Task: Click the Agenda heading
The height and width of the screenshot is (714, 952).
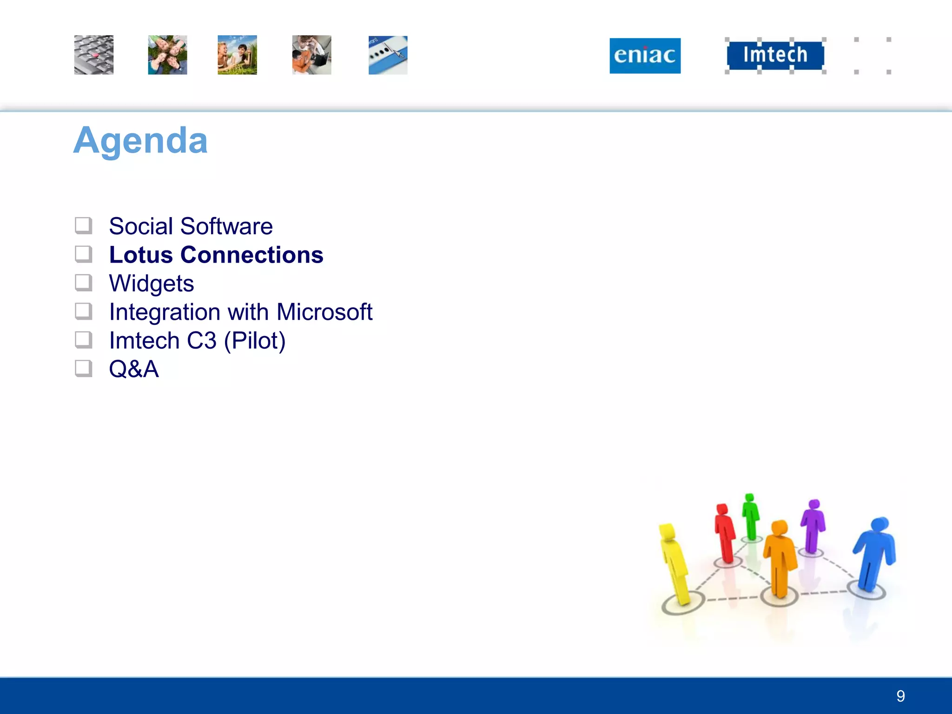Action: (x=140, y=140)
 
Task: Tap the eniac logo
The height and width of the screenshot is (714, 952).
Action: (x=645, y=56)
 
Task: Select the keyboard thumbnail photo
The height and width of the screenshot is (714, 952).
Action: (x=93, y=55)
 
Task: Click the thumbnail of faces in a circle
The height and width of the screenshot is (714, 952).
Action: (x=167, y=55)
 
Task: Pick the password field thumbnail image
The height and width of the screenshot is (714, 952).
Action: (x=388, y=55)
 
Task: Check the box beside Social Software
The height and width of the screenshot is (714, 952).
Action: (x=84, y=226)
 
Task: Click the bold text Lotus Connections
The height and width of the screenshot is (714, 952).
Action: (x=216, y=255)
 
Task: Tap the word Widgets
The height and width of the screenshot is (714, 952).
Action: (x=151, y=283)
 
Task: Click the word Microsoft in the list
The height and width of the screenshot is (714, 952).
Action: (x=324, y=312)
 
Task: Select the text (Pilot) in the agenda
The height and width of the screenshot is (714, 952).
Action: (x=254, y=341)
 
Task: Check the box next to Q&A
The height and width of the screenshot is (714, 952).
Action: (x=84, y=369)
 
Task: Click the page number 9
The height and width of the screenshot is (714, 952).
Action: (x=900, y=696)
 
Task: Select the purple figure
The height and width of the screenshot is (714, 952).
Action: (x=813, y=525)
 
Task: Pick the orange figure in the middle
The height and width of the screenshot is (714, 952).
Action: (x=780, y=558)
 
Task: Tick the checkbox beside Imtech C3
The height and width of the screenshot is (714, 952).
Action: (x=84, y=340)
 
